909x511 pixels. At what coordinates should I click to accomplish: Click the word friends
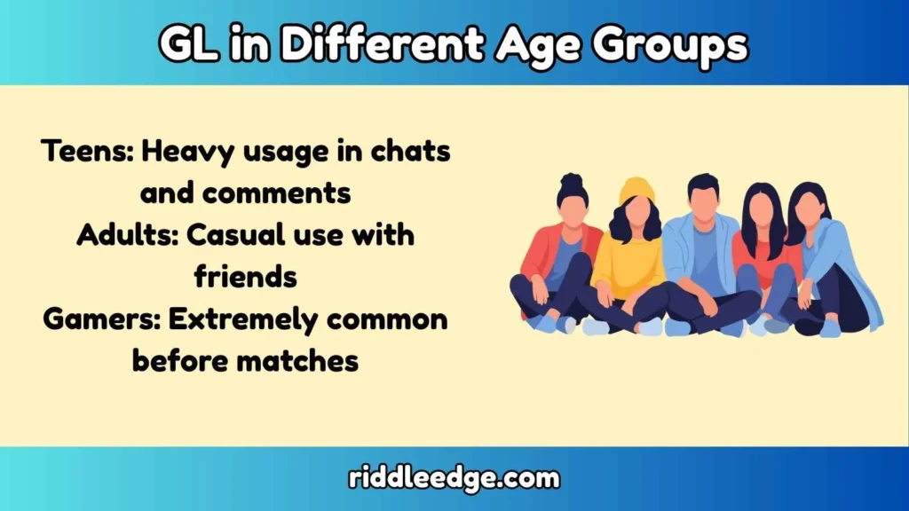click(245, 277)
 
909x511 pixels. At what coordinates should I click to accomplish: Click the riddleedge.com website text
click(454, 479)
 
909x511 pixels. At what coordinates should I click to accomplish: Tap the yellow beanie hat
click(636, 189)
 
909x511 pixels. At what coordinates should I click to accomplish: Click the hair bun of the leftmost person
click(573, 182)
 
